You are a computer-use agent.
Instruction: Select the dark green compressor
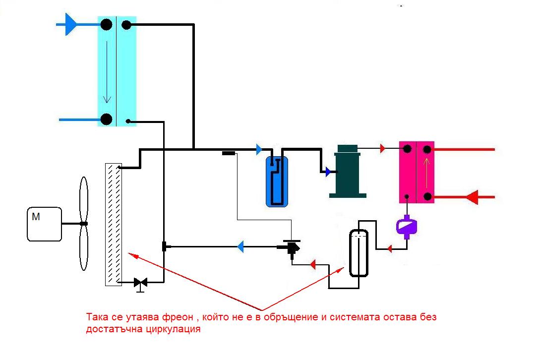[x=348, y=171]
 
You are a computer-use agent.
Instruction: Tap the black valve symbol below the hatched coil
[x=141, y=283]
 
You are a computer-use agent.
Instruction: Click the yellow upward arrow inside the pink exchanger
[x=425, y=171]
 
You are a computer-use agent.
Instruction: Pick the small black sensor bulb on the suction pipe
[x=228, y=153]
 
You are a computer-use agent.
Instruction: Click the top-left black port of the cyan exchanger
[x=106, y=24]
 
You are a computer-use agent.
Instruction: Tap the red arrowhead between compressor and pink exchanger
[x=383, y=148]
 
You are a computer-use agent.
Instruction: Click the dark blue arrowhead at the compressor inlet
[x=327, y=172]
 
